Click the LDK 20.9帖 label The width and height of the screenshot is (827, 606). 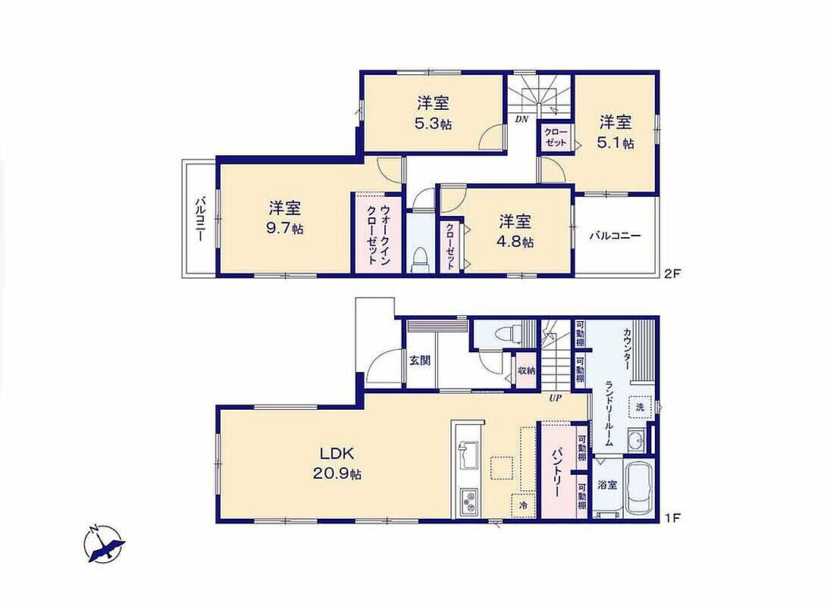[337, 463]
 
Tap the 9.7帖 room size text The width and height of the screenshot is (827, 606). [285, 230]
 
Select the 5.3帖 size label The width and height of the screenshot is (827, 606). [433, 124]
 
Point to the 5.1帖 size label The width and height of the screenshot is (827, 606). [616, 143]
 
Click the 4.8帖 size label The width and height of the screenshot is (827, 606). [515, 242]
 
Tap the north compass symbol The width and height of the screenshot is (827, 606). [105, 545]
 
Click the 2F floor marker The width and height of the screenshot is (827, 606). [674, 273]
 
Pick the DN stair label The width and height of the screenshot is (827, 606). [522, 120]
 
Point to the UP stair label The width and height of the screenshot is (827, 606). [555, 398]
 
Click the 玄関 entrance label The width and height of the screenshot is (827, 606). [421, 361]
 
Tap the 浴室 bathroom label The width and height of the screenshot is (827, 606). [607, 485]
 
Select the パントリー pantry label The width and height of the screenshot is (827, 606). [556, 473]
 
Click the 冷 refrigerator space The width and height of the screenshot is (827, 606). [523, 505]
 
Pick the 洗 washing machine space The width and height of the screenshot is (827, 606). [640, 407]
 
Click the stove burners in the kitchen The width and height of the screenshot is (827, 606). [468, 501]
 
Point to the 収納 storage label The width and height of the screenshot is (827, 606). [526, 371]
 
